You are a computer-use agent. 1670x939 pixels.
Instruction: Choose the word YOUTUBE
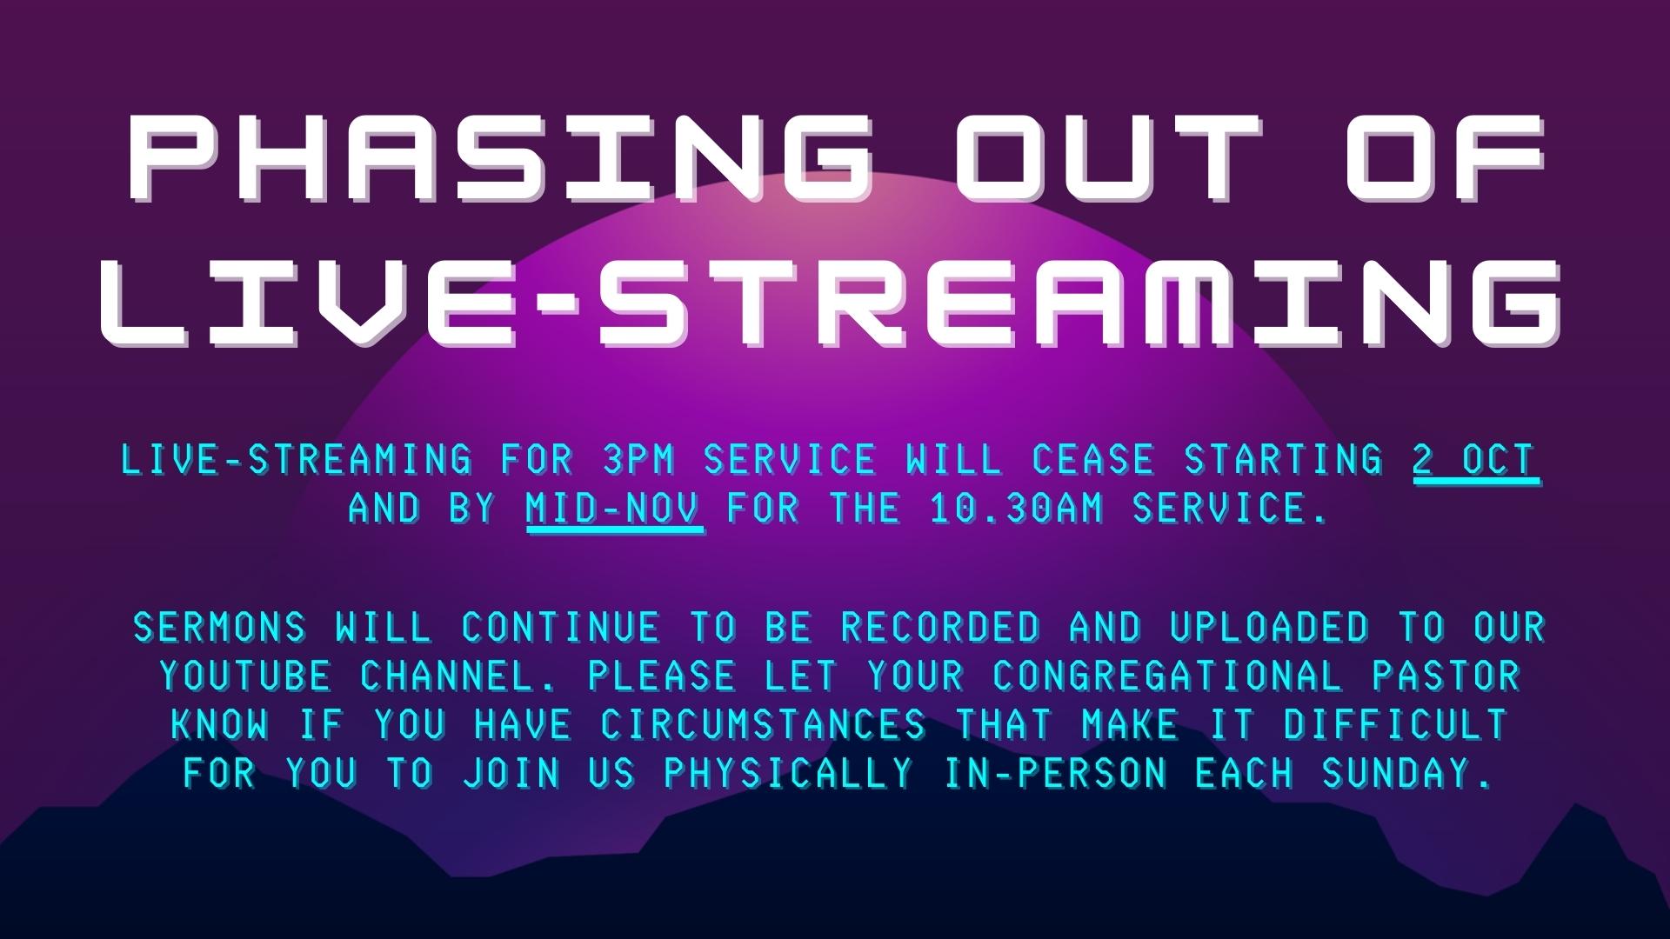click(x=245, y=676)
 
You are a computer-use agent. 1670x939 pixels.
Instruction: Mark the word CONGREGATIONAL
click(x=1169, y=676)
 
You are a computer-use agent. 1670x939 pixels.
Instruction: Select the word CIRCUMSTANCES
click(x=764, y=725)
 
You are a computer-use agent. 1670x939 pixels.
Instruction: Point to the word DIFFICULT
click(x=1394, y=725)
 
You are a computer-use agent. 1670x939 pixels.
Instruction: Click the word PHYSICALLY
click(x=788, y=774)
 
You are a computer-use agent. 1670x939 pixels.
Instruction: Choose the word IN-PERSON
click(x=1056, y=774)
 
